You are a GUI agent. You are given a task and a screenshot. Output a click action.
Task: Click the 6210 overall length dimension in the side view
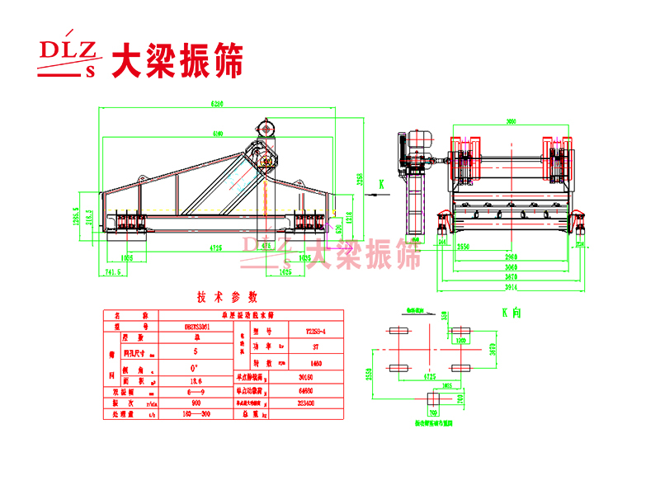[217, 104]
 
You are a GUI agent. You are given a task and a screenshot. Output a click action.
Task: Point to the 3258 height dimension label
[360, 179]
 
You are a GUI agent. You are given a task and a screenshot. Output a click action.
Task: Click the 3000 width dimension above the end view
[511, 120]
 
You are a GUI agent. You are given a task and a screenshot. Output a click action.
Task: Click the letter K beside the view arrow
[381, 182]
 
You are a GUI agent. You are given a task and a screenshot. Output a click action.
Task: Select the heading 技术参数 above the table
[227, 297]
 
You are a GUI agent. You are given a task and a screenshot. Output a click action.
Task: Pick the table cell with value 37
[309, 347]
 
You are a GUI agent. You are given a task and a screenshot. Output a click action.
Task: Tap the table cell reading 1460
[309, 362]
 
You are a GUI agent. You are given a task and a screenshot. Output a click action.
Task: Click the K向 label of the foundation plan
[511, 313]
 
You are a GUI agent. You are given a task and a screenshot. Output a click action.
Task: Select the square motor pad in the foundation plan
[433, 401]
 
